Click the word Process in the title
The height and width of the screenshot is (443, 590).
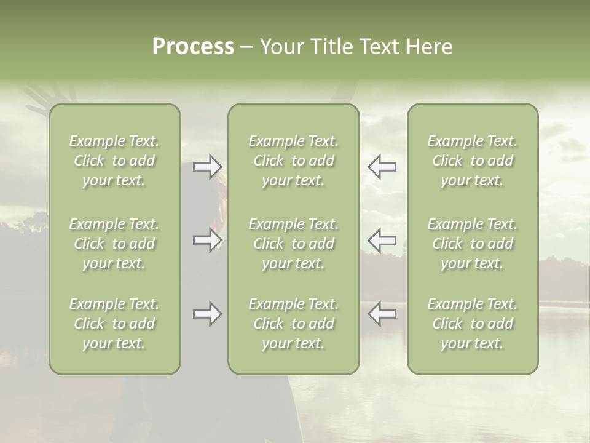tap(193, 47)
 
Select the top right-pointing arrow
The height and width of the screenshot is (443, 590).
tap(208, 167)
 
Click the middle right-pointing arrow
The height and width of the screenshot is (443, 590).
tap(208, 240)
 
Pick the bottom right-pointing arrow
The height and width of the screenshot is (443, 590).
tap(208, 314)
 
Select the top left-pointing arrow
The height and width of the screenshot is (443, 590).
tap(382, 167)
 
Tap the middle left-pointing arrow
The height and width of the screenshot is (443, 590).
tap(382, 240)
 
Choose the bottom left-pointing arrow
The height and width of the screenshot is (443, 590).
tap(382, 314)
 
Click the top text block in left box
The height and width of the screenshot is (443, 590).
tap(114, 161)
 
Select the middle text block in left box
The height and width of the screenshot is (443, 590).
tap(114, 244)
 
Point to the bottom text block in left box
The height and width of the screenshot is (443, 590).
tap(114, 324)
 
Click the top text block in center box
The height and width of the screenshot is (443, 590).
tap(294, 161)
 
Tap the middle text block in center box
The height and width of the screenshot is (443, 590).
tap(294, 244)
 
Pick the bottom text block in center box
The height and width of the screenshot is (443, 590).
tap(294, 324)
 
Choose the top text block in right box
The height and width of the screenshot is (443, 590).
tap(473, 161)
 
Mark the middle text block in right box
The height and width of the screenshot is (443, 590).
tap(473, 244)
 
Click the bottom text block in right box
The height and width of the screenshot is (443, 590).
tap(473, 324)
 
